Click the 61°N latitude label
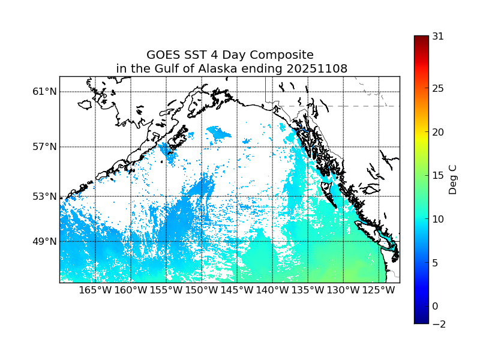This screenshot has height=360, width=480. (44, 92)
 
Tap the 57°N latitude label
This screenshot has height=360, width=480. (44, 147)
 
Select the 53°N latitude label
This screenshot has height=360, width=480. (44, 196)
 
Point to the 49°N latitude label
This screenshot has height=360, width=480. (44, 242)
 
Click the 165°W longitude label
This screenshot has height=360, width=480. (95, 290)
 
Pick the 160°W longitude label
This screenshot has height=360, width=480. (131, 290)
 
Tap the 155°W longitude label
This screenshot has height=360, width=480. (166, 290)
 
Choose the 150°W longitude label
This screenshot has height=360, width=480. (202, 290)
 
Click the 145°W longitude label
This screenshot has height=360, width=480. (237, 290)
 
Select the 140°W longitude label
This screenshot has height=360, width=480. (272, 290)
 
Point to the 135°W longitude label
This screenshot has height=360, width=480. (308, 290)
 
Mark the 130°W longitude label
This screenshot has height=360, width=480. (343, 290)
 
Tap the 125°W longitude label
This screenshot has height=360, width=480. (379, 290)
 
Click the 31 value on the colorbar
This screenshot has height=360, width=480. (438, 36)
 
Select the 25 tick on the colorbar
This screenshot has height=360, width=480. (438, 89)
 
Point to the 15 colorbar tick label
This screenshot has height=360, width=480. (438, 176)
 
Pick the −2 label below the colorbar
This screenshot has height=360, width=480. (438, 324)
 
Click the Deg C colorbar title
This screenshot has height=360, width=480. (453, 179)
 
